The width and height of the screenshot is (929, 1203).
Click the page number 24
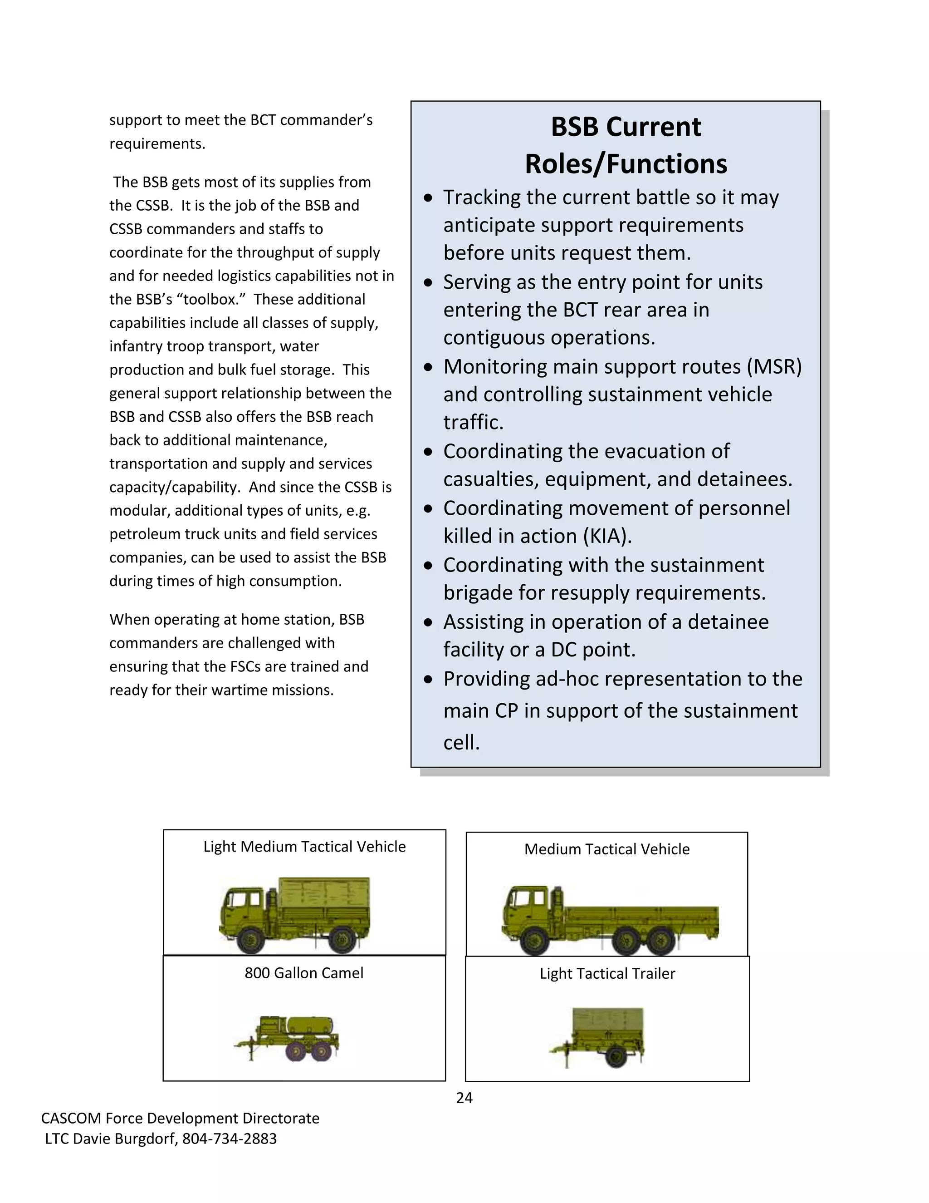click(x=464, y=1098)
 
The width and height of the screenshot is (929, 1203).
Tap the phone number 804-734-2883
click(x=230, y=1139)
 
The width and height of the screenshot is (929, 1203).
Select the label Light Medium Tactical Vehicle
click(x=304, y=847)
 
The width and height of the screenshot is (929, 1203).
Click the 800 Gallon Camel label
click(x=304, y=973)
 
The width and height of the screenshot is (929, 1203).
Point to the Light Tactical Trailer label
click(x=607, y=973)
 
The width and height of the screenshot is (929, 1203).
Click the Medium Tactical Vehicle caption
click(x=606, y=849)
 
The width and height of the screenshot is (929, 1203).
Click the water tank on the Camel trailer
click(x=315, y=1025)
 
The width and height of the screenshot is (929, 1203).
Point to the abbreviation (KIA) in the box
click(x=607, y=536)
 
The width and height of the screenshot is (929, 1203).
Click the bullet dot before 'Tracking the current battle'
click(x=429, y=198)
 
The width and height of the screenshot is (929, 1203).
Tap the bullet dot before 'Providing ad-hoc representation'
click(x=429, y=679)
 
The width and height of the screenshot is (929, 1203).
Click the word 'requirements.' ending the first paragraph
click(x=157, y=144)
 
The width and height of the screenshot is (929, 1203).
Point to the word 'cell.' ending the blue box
click(x=461, y=743)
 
